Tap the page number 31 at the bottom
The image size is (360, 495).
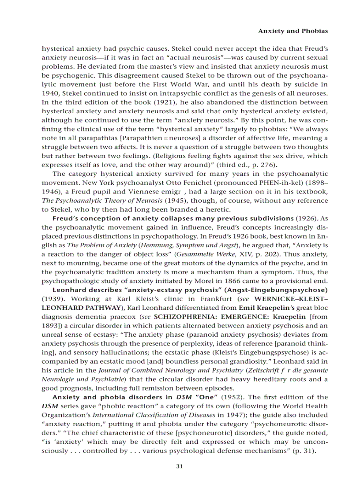pos(180,467)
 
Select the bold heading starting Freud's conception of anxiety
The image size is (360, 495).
pos(173,218)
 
